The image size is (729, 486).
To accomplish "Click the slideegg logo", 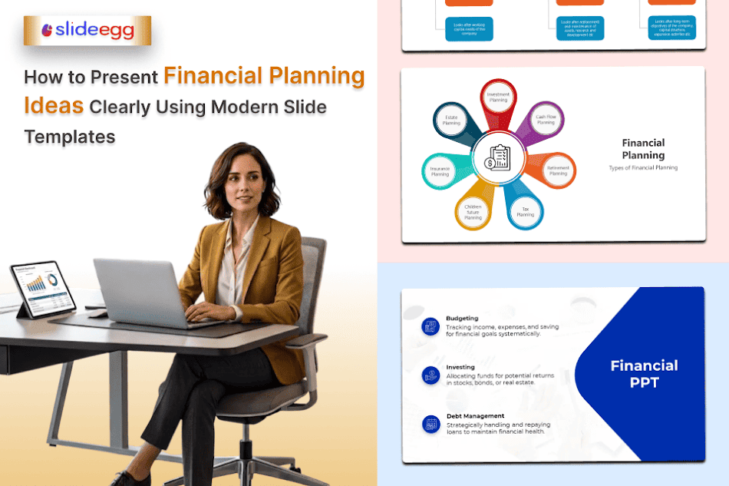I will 87,31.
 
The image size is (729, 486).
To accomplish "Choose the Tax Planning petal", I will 526,210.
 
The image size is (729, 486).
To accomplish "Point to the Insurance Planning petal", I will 440,170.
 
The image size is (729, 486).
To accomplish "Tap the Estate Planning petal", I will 452,121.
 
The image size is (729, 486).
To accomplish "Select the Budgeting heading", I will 462,318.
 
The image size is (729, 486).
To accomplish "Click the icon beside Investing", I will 430,375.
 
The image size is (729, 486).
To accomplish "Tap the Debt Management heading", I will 475,416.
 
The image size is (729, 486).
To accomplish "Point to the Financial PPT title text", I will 644,373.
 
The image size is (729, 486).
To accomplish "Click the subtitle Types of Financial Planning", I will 643,167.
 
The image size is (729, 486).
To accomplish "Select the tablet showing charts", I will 43,287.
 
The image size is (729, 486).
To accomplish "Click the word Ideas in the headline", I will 54,106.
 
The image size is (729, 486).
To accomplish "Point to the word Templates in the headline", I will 69,137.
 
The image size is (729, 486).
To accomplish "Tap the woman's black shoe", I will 127,479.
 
